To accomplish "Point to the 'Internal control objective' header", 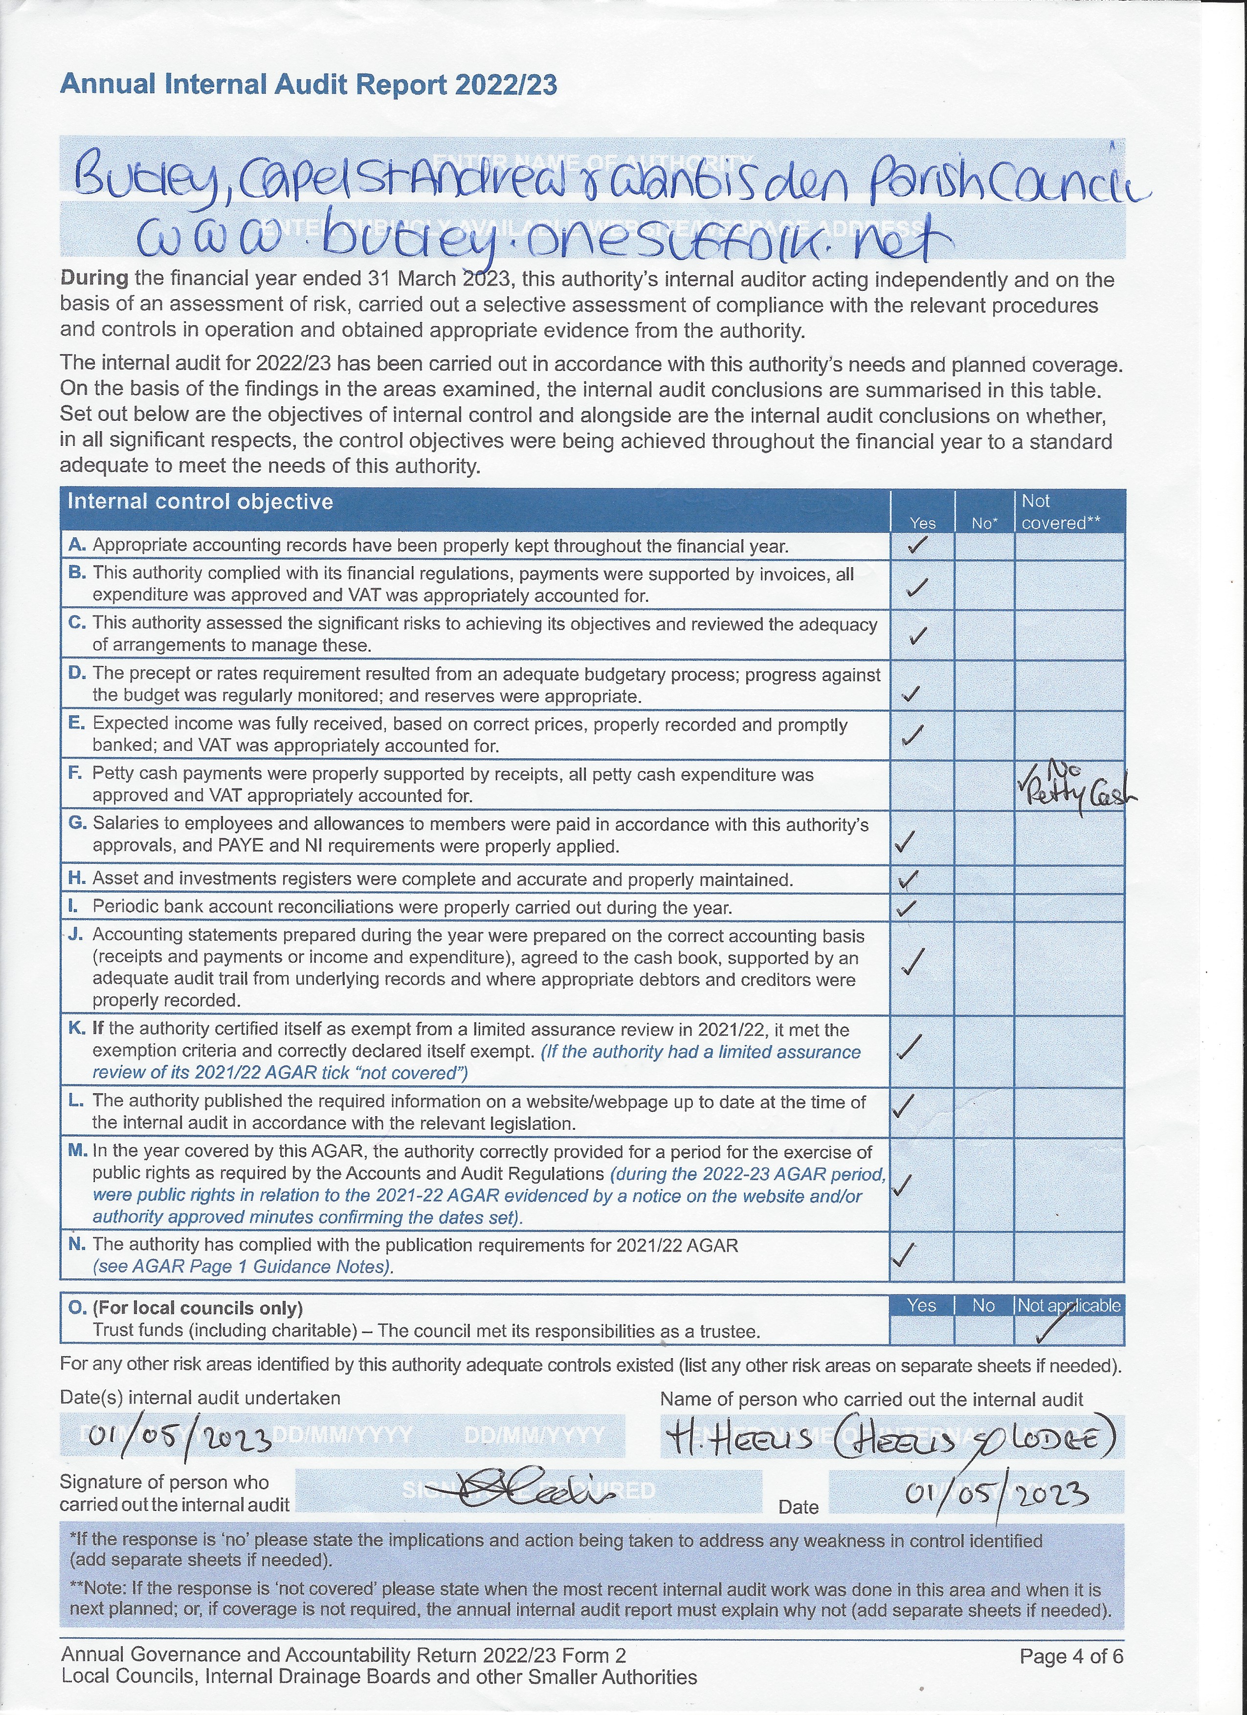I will [200, 502].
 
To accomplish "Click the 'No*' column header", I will [984, 523].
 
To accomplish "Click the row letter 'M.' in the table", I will [78, 1151].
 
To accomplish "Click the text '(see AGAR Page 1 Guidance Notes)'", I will [243, 1267].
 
